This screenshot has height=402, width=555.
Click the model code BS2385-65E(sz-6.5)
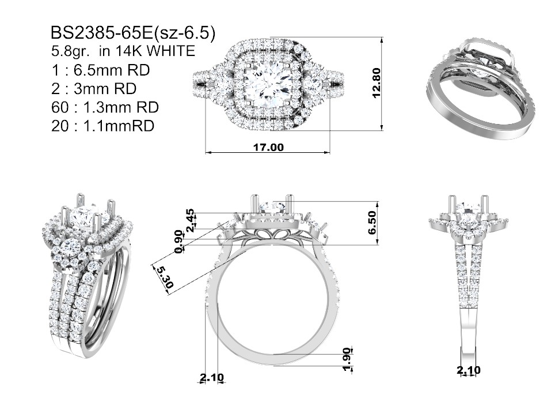(x=133, y=33)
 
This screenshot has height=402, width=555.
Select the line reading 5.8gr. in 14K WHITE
(x=123, y=51)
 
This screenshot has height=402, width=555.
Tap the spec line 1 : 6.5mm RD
(x=101, y=70)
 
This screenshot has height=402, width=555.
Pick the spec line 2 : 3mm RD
(x=94, y=89)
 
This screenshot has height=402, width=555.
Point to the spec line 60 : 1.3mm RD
(x=105, y=107)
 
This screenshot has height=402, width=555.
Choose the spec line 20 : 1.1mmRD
(x=102, y=126)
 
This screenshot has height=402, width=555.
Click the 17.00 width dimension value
(x=268, y=146)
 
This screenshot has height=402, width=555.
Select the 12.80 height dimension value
(x=377, y=83)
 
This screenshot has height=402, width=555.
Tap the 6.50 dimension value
(x=372, y=223)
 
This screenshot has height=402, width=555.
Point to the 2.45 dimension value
(x=190, y=220)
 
